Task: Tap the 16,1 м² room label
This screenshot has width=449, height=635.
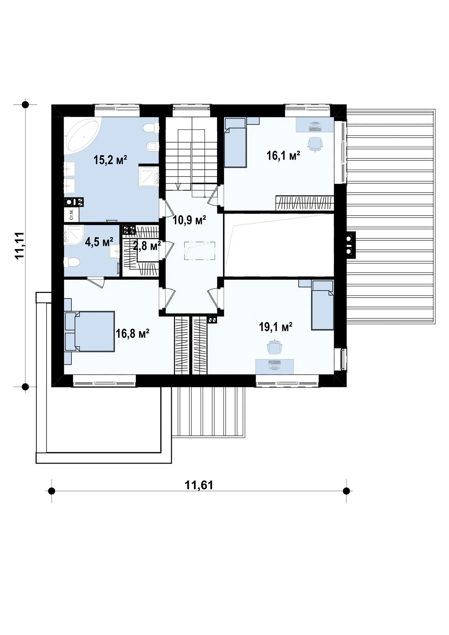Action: [283, 156]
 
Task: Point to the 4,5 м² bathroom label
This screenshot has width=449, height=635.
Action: [99, 242]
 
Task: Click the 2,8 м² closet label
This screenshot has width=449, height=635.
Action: [147, 246]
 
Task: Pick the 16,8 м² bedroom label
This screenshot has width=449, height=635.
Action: [132, 334]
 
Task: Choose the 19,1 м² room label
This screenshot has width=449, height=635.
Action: [276, 327]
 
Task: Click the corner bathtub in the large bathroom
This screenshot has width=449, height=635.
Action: [82, 136]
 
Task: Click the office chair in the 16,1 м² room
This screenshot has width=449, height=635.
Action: [315, 144]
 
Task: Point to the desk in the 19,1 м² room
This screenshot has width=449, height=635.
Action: [275, 366]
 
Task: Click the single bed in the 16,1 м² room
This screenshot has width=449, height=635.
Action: [235, 143]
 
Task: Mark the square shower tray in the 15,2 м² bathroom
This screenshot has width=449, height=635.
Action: [149, 176]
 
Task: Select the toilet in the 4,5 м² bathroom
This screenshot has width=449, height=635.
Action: [72, 263]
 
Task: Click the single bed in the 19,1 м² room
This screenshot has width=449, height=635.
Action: [323, 305]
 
